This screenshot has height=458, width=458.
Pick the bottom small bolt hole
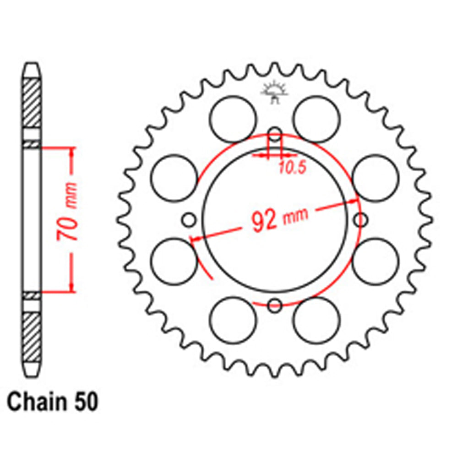[x=275, y=305]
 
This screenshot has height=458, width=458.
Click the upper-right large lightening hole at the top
[x=316, y=120]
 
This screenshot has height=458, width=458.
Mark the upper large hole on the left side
[x=174, y=178]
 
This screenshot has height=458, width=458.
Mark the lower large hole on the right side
[x=376, y=261]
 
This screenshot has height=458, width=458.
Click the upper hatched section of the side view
[x=32, y=103]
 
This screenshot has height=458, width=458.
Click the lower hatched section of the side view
[x=32, y=337]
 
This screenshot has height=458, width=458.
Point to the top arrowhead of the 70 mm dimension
[x=71, y=152]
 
